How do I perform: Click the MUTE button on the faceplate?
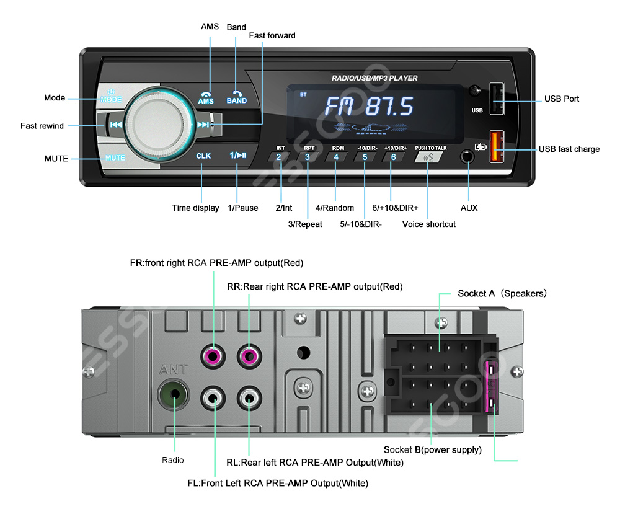coord(115,157)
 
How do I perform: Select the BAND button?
coord(237,97)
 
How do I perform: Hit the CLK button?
coord(203,156)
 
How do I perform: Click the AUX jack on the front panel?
coord(469,155)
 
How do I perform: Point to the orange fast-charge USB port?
coord(497,146)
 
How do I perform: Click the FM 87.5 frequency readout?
coord(369,107)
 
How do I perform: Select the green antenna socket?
coord(173,394)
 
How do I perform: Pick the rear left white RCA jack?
coord(249,397)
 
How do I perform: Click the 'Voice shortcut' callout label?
coord(429,224)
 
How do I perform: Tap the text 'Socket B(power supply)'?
coord(432,450)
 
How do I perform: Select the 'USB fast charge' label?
coord(569,149)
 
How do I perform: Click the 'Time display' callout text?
coord(195,208)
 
